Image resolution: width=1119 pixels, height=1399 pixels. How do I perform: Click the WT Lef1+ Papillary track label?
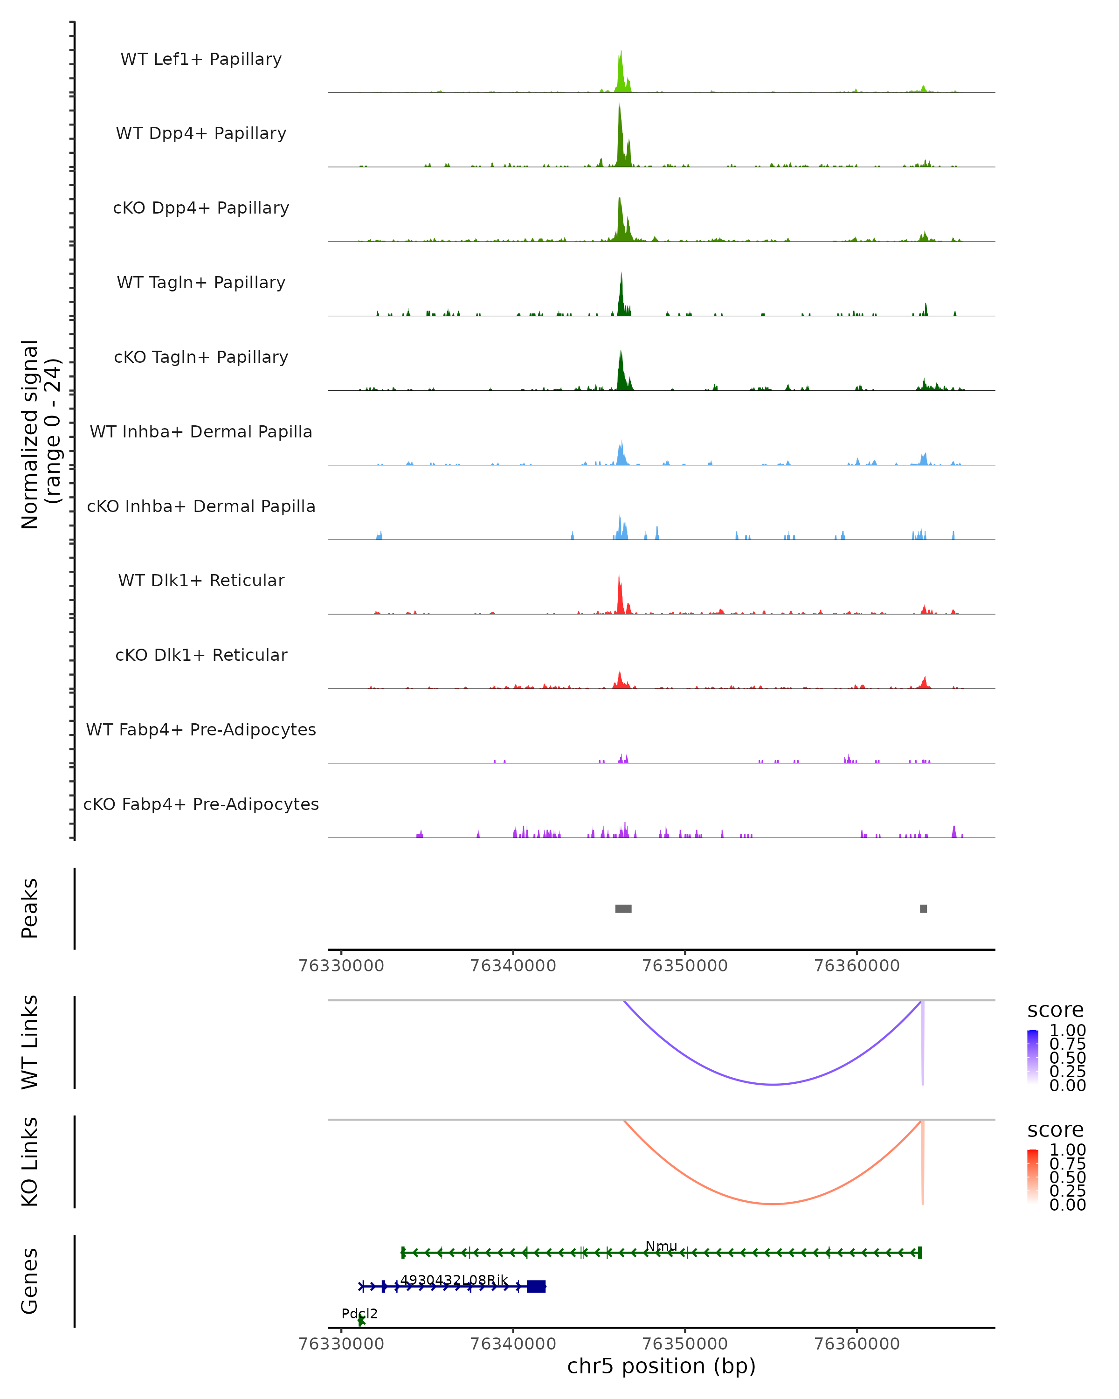point(201,59)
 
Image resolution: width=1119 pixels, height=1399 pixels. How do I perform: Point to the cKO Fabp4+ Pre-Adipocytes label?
point(201,804)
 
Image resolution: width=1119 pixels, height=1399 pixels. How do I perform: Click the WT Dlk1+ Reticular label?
point(201,580)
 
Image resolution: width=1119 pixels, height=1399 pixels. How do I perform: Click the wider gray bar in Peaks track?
point(623,908)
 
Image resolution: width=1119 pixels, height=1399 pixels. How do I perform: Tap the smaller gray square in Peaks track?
point(923,908)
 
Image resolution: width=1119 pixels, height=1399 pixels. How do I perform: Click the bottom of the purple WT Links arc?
point(773,1084)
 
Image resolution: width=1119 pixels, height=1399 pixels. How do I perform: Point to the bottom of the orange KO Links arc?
point(773,1204)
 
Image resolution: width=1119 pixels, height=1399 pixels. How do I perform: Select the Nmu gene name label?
point(661,1246)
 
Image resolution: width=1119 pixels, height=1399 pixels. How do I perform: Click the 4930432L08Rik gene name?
point(454,1280)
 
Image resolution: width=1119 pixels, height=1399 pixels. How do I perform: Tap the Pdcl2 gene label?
point(359,1313)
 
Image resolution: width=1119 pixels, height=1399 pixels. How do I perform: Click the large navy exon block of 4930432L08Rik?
point(537,1286)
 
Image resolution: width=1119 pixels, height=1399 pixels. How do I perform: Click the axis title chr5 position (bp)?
point(661,1366)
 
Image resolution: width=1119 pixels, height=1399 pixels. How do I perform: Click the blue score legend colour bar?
point(1033,1056)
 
